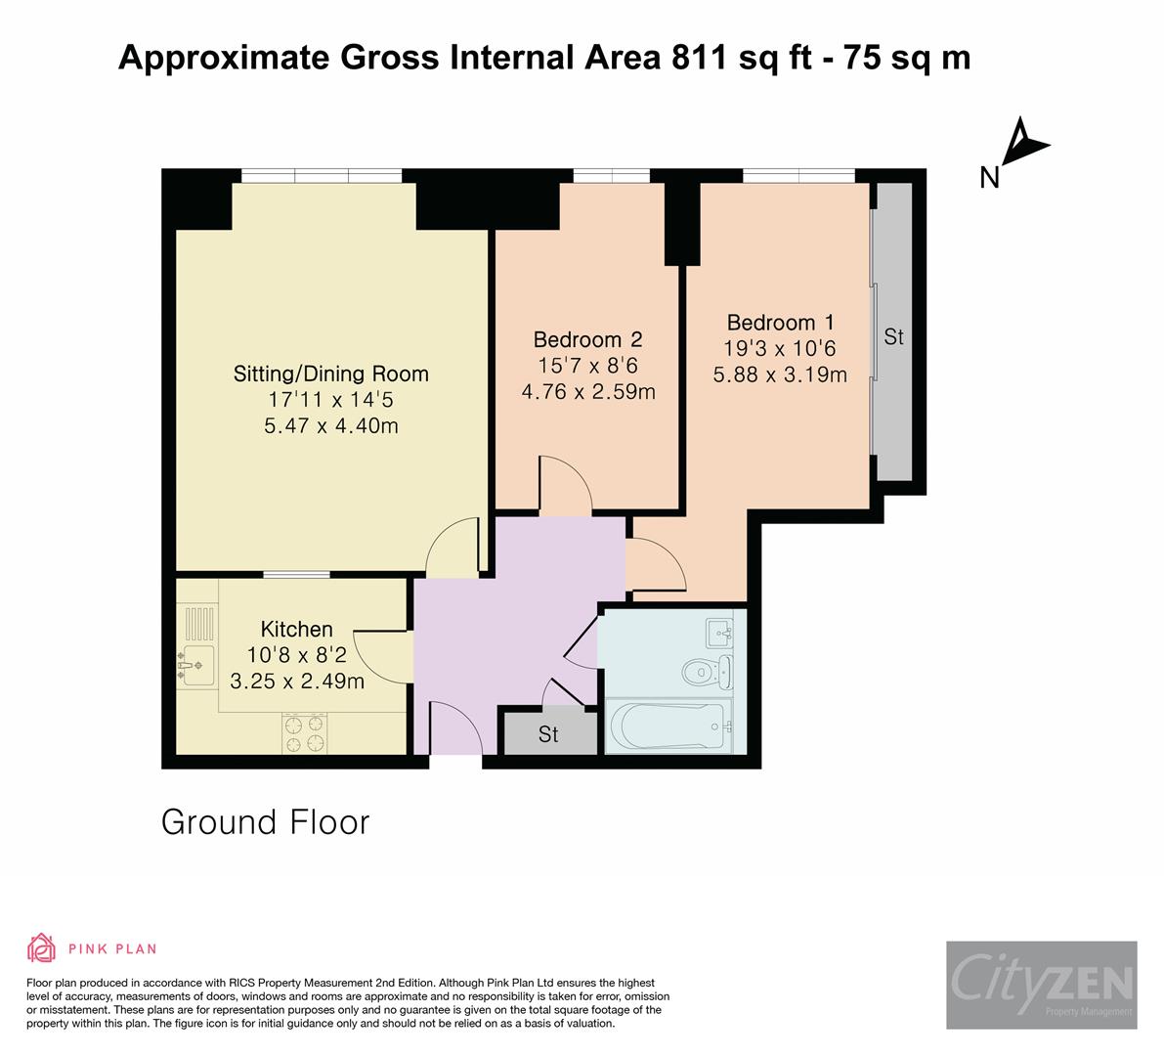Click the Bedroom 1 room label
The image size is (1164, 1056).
(x=780, y=323)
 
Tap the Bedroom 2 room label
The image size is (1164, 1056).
(x=587, y=340)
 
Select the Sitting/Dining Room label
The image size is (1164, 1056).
(x=331, y=374)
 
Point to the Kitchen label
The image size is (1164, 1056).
(x=296, y=629)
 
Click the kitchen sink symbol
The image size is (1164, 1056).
(x=196, y=666)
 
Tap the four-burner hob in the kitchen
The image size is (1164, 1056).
(x=305, y=733)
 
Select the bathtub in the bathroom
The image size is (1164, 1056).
(x=668, y=726)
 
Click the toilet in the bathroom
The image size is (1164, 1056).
(x=707, y=672)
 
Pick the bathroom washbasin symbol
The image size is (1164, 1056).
(x=719, y=633)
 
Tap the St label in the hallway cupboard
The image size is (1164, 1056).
(x=548, y=734)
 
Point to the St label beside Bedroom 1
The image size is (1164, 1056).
(x=894, y=337)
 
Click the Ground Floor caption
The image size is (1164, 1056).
(x=265, y=823)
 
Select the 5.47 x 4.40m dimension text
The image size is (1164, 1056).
(x=331, y=426)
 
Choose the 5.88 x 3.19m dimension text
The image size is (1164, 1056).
(x=780, y=374)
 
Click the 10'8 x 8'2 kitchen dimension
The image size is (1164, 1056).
(x=296, y=655)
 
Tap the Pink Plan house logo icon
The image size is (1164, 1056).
(x=42, y=947)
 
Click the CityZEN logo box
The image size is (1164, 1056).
(x=1042, y=985)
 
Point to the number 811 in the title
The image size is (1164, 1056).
(x=699, y=57)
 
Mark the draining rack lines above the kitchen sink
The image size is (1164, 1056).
(x=199, y=624)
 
